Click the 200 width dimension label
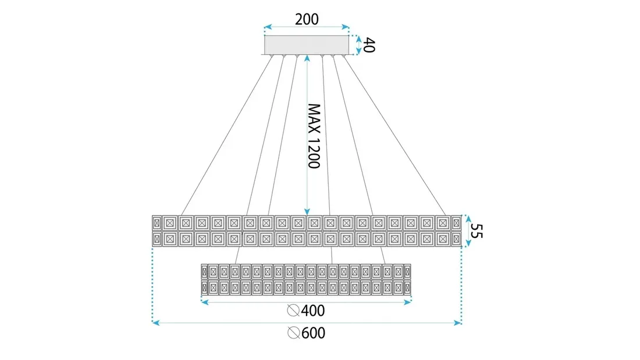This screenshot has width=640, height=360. click(307, 19)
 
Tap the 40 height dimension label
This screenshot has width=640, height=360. click(369, 45)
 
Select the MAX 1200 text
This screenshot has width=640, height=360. click(314, 136)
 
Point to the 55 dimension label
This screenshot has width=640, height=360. click(476, 231)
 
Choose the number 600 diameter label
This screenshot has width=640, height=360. click(314, 333)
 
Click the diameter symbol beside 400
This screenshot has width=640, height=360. click(294, 312)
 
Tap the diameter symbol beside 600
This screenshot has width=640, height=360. click(294, 333)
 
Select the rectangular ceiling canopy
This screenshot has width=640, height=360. click(307, 45)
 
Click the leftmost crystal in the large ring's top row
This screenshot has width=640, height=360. click(156, 223)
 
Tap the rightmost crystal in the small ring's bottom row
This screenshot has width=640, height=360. click(407, 287)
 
